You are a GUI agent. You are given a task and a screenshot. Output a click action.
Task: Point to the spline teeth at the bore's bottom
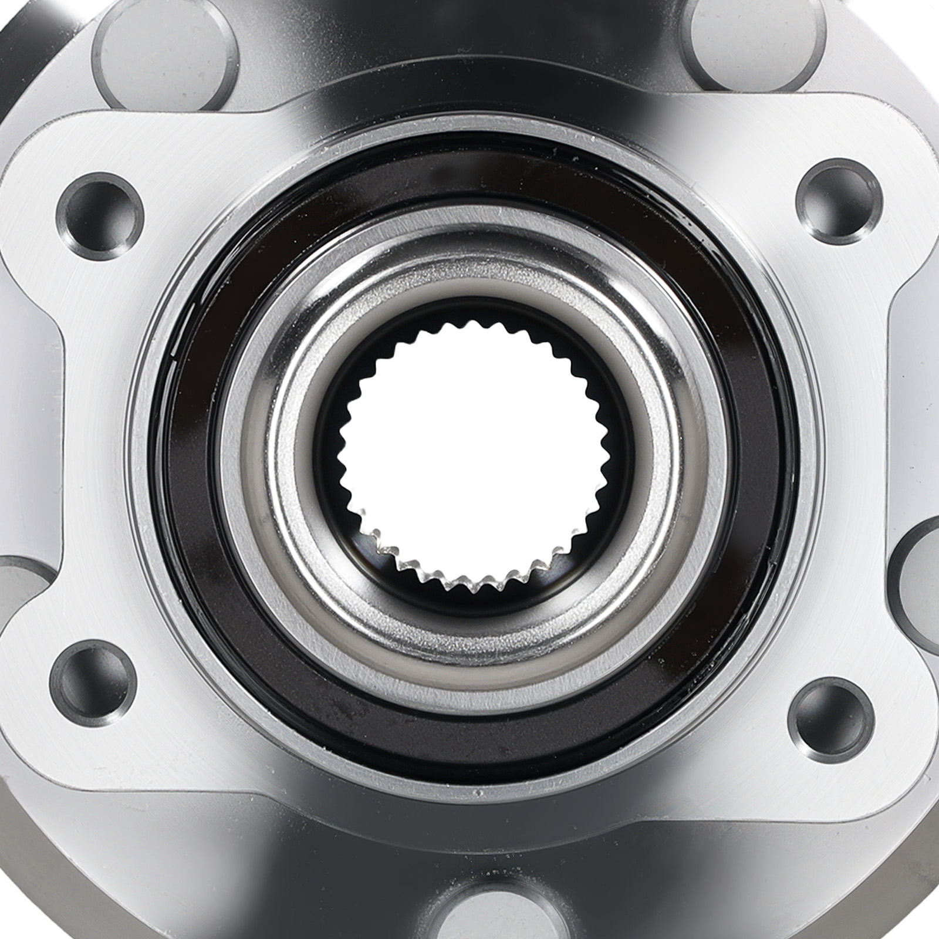[x=469, y=578]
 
